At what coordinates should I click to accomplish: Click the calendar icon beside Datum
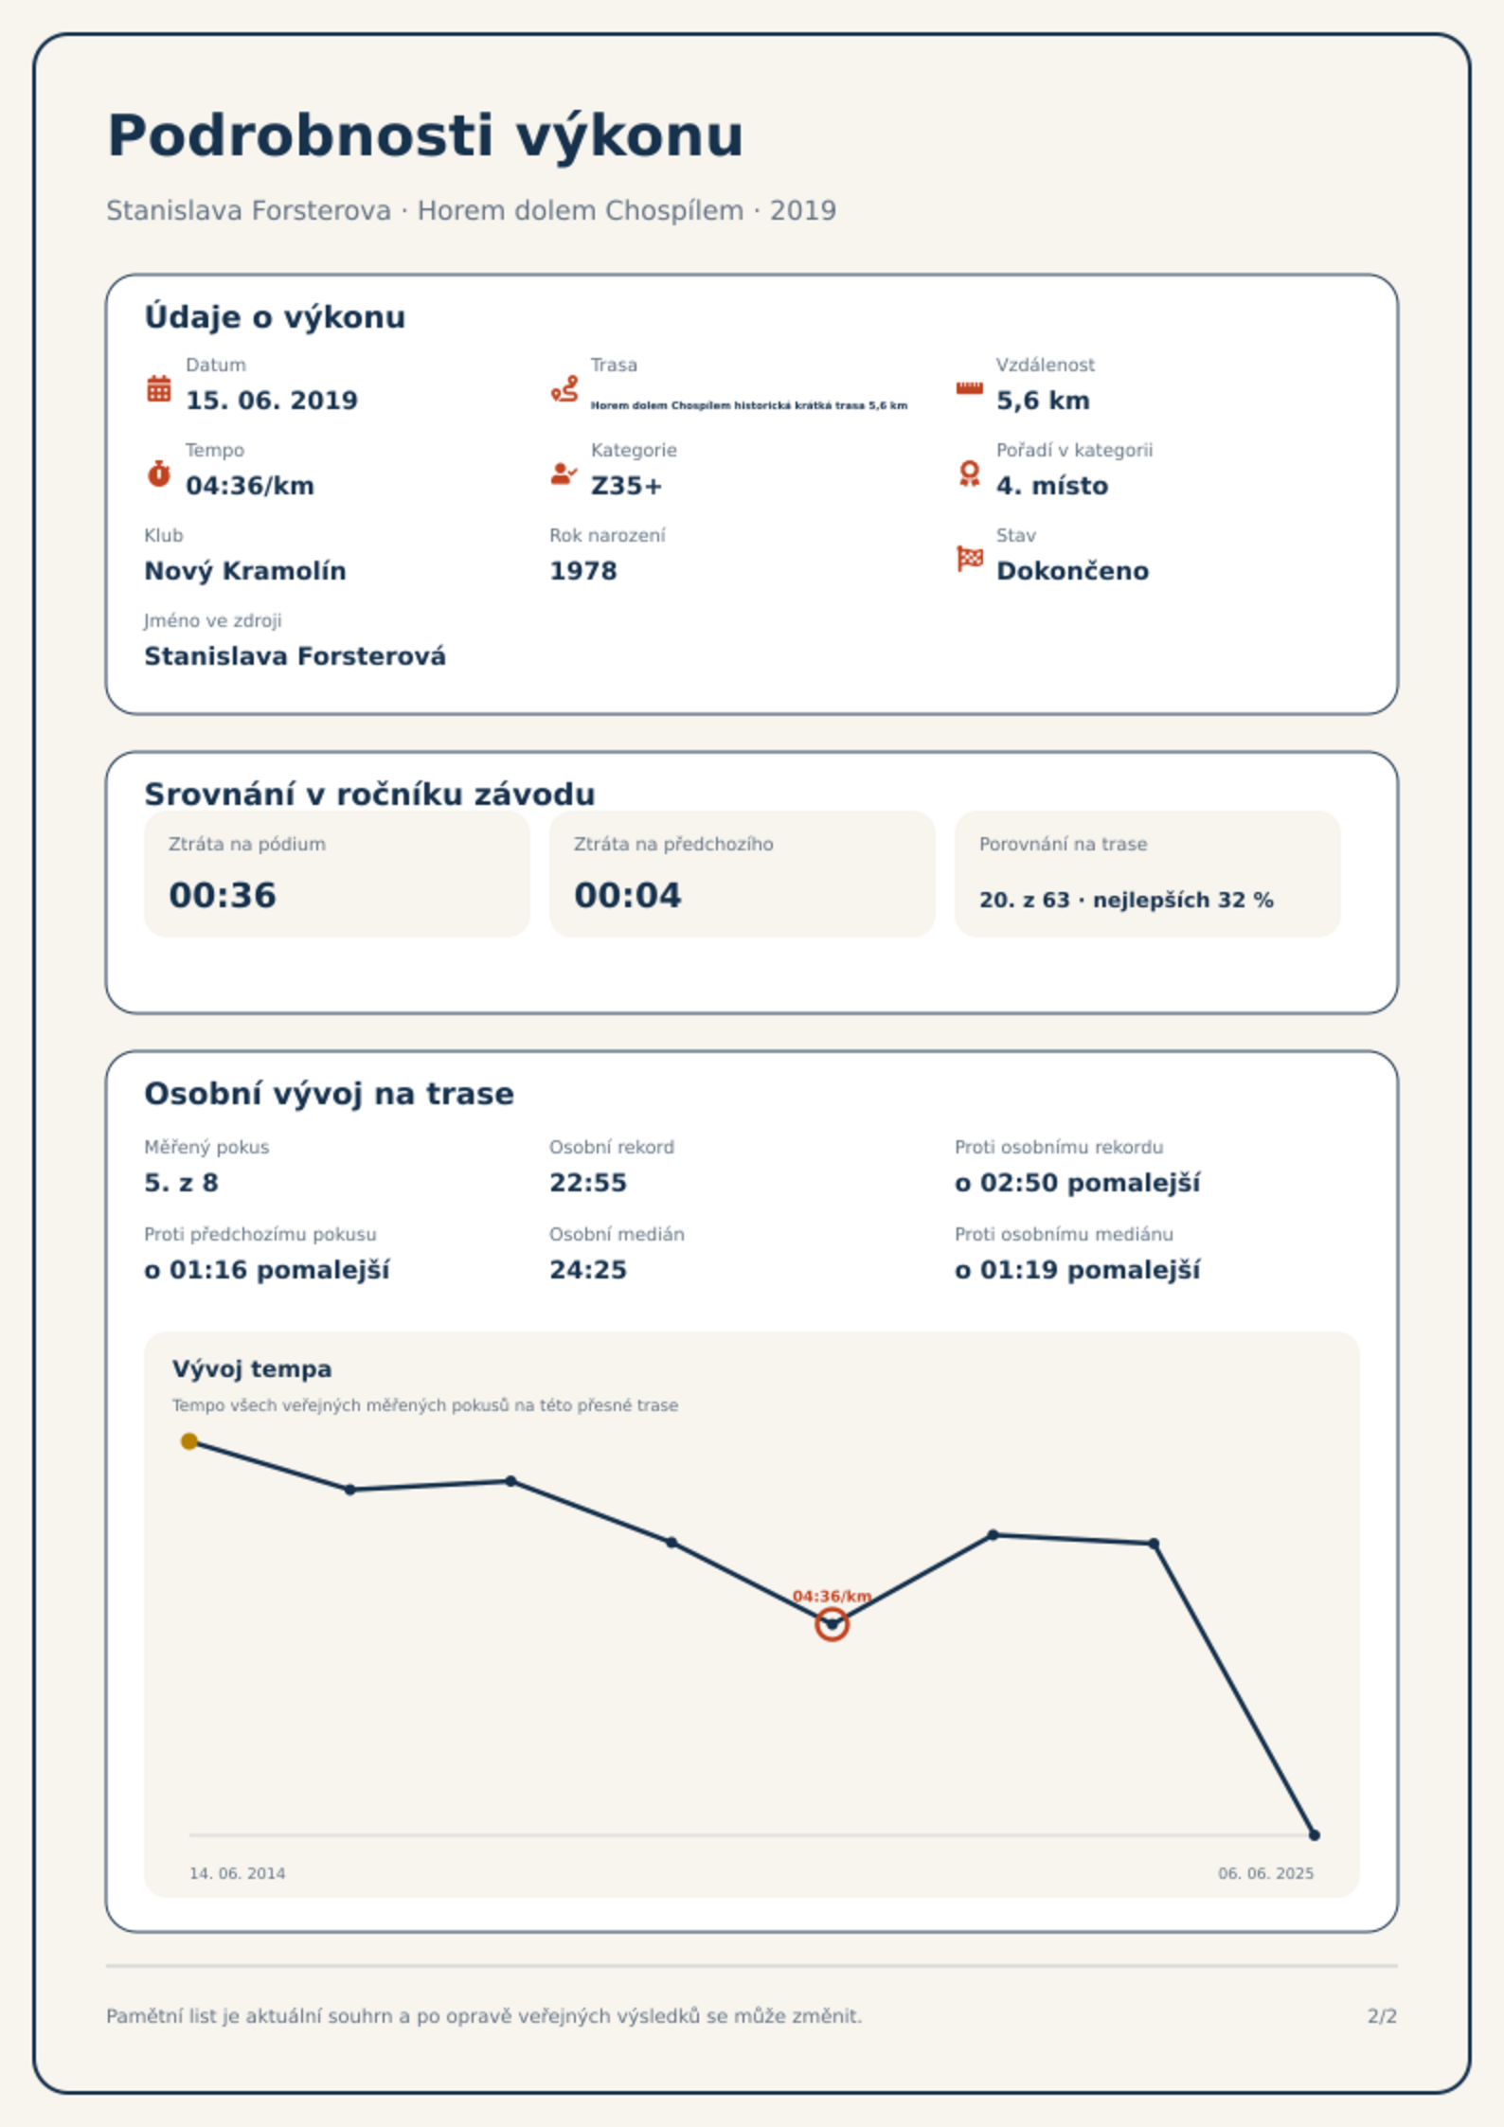pyautogui.click(x=159, y=388)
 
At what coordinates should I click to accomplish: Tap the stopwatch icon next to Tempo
pyautogui.click(x=159, y=474)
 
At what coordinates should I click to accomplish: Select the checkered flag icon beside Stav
pyautogui.click(x=970, y=559)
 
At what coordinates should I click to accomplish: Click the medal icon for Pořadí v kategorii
pyautogui.click(x=969, y=474)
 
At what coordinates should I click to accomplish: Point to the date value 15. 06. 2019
pyautogui.click(x=272, y=401)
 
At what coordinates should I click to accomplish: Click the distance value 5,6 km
pyautogui.click(x=1043, y=401)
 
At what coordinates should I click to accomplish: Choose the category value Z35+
pyautogui.click(x=627, y=486)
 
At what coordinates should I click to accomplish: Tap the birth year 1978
pyautogui.click(x=583, y=571)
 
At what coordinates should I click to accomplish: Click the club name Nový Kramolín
pyautogui.click(x=245, y=571)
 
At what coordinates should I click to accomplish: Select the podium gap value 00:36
pyautogui.click(x=223, y=895)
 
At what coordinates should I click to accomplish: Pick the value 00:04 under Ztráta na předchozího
pyautogui.click(x=628, y=895)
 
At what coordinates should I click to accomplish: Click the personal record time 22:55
pyautogui.click(x=588, y=1183)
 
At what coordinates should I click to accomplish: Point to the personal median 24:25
pyautogui.click(x=588, y=1270)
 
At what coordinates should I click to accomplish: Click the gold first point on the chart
pyautogui.click(x=189, y=1441)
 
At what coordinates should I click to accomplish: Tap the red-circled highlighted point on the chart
pyautogui.click(x=832, y=1624)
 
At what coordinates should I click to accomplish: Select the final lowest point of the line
pyautogui.click(x=1314, y=1835)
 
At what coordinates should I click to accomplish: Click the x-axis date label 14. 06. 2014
pyautogui.click(x=237, y=1873)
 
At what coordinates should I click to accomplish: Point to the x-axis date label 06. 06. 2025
pyautogui.click(x=1265, y=1873)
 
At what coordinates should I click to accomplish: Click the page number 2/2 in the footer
pyautogui.click(x=1382, y=2016)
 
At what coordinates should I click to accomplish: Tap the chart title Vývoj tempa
pyautogui.click(x=252, y=1369)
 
